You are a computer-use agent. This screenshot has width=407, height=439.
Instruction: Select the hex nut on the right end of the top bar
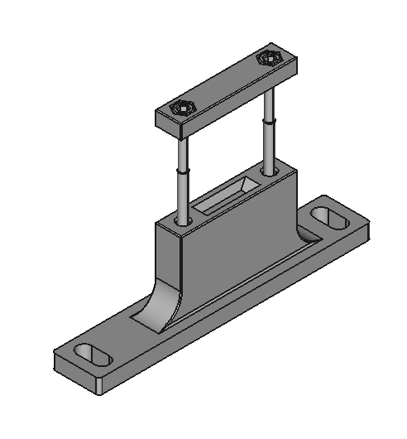coord(267,59)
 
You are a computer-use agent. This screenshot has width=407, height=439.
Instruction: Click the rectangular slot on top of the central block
coord(225,196)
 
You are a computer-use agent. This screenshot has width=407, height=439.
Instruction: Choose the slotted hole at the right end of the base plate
coord(329,219)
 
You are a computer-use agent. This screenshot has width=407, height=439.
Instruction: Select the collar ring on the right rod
coord(269,121)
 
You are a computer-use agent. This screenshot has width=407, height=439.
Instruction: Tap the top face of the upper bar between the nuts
coord(223,84)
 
